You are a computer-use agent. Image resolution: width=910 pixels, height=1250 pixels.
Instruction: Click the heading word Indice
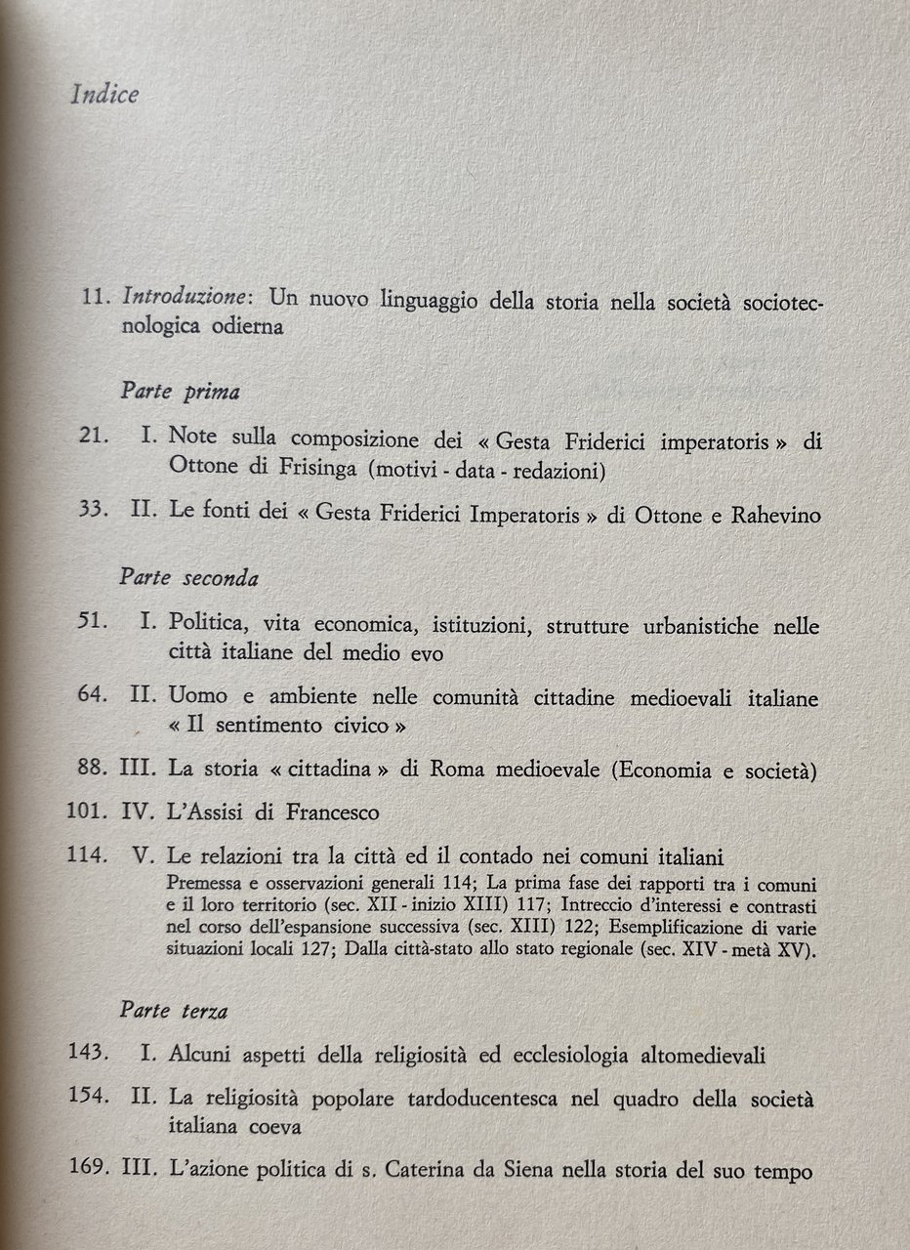[105, 95]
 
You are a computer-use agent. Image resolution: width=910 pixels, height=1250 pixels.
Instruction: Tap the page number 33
[94, 516]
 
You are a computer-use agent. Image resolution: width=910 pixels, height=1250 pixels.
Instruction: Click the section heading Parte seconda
[188, 577]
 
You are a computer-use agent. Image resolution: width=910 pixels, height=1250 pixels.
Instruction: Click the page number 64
[94, 698]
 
